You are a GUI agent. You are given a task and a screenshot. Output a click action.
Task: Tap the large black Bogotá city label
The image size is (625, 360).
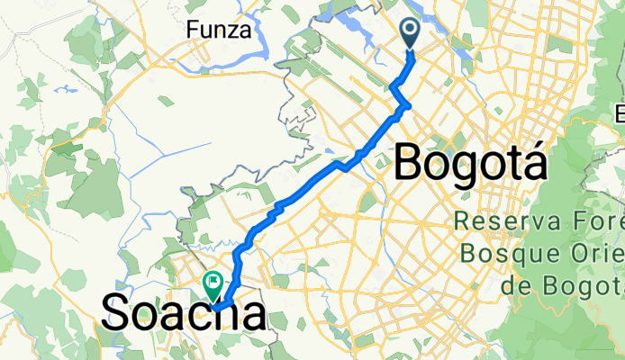pos(471,164)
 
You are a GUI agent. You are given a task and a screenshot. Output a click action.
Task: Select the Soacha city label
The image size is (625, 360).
pos(185,313)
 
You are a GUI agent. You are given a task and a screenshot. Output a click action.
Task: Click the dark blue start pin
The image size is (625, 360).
pos(410,34)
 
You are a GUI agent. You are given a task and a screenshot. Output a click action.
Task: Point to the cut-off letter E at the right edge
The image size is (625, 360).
pos(620,114)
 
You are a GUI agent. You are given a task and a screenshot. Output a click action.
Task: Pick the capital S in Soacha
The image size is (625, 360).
pos(117,313)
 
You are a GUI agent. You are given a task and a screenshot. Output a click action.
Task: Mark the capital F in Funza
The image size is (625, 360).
pos(193,30)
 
